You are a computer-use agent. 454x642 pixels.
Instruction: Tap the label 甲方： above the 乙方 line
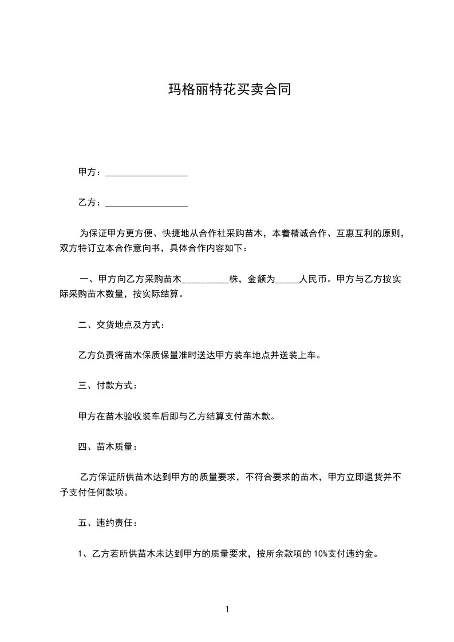coord(90,172)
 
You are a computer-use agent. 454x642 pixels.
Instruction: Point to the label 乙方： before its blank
coord(90,203)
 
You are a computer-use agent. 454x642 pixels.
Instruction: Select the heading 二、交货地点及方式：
coord(122,326)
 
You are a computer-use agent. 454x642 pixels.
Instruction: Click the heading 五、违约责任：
coord(108,523)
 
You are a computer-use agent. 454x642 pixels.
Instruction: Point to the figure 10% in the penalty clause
coord(321,554)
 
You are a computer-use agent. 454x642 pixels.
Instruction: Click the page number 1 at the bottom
coord(227,610)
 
